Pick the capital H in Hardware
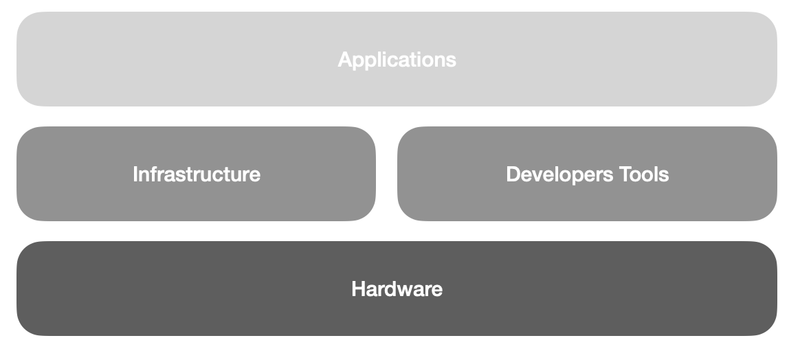coord(357,289)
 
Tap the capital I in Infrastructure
coord(135,175)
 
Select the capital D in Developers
coord(513,175)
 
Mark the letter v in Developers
coord(533,175)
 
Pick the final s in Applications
coord(452,60)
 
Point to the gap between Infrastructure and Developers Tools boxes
coord(386,174)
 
